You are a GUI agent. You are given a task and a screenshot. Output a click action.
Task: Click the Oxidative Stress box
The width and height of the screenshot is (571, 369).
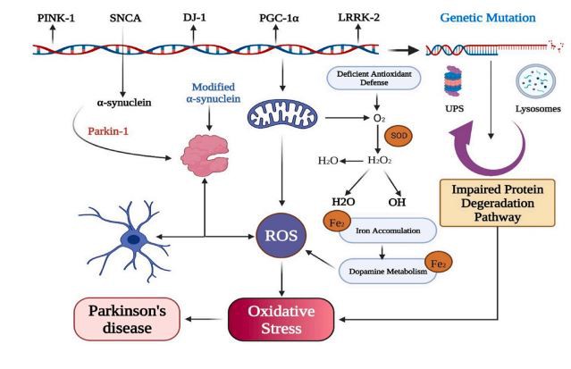(282, 318)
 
